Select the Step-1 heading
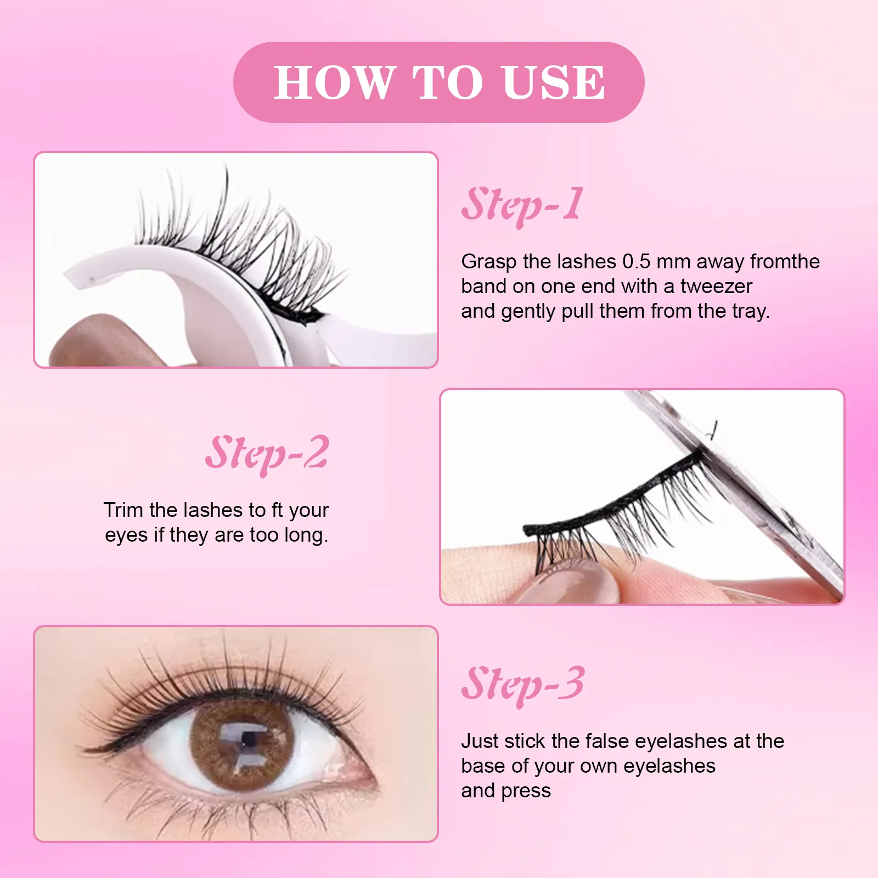[x=522, y=205]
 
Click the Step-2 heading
[x=267, y=454]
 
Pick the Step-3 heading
[x=522, y=684]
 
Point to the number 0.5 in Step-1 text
[x=636, y=262]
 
